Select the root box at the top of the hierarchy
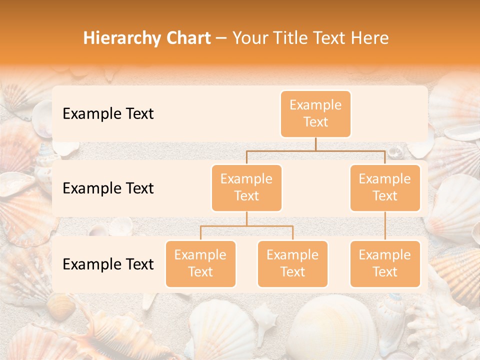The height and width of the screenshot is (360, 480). [x=315, y=113]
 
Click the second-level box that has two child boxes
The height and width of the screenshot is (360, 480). [x=246, y=187]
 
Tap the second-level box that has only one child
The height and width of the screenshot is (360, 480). [x=385, y=187]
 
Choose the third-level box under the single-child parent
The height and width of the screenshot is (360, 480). [x=385, y=263]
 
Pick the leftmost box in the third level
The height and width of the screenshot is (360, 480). [x=200, y=263]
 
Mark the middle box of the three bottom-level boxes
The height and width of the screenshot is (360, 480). [x=292, y=263]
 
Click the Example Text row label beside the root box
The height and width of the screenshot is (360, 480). [x=108, y=113]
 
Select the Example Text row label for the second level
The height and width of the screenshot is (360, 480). [x=108, y=188]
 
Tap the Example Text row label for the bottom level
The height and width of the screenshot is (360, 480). [x=108, y=264]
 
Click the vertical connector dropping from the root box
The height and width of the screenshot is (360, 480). [x=315, y=144]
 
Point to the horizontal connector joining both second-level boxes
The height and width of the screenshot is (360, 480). [x=315, y=150]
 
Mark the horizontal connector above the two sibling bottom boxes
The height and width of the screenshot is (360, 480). [x=246, y=226]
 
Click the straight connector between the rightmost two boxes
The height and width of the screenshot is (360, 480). [x=385, y=225]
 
